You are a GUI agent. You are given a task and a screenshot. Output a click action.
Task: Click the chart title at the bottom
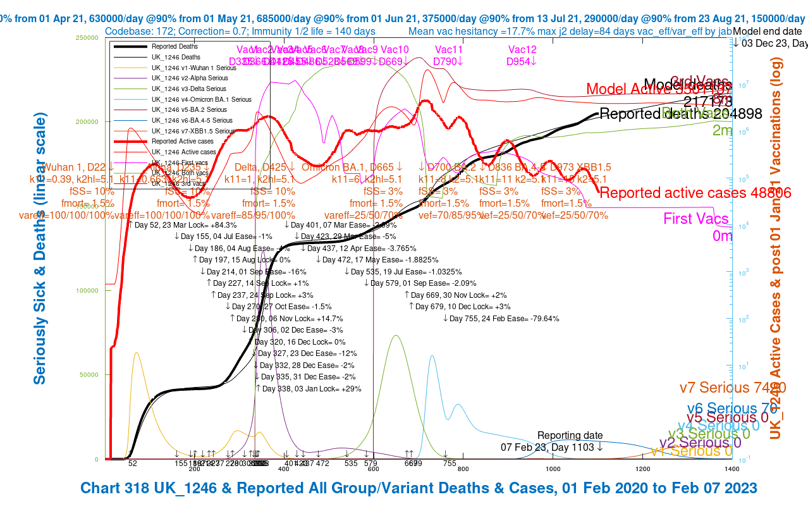click(x=419, y=488)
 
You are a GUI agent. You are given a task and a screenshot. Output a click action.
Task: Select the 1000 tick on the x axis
click(x=553, y=469)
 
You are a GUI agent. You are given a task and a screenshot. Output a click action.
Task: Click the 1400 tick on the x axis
click(x=732, y=469)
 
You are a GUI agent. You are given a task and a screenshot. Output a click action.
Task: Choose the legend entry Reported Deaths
click(x=174, y=47)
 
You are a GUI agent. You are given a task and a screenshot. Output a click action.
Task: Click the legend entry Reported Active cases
click(x=183, y=142)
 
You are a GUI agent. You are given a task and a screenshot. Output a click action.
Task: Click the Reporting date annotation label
click(x=570, y=436)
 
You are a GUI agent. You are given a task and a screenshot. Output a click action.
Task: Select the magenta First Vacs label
click(x=695, y=219)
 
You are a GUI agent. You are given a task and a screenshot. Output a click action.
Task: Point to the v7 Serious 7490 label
click(x=733, y=388)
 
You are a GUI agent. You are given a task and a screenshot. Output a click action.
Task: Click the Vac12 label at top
click(x=522, y=50)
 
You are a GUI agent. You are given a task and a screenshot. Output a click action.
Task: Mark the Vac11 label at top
click(x=449, y=50)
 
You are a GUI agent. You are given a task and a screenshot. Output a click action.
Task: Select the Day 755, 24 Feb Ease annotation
click(x=501, y=318)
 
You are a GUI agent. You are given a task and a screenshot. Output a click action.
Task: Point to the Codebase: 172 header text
click(x=240, y=31)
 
